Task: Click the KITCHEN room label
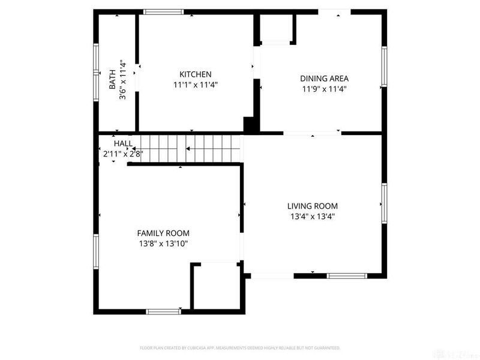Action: pos(195,74)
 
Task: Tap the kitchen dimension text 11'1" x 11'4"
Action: pos(195,85)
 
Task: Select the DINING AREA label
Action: pos(324,78)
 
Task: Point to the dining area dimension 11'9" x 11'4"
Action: pos(324,89)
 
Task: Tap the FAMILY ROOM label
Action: pos(163,233)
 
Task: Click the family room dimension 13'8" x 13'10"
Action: pos(163,244)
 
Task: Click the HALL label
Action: pos(123,144)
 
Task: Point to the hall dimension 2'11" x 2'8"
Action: pos(123,154)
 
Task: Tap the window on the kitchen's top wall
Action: pos(163,11)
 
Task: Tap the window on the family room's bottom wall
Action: pos(164,311)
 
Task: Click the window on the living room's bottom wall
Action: pos(347,276)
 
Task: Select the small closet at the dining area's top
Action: pos(277,28)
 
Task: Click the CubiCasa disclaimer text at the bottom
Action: pos(240,348)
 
